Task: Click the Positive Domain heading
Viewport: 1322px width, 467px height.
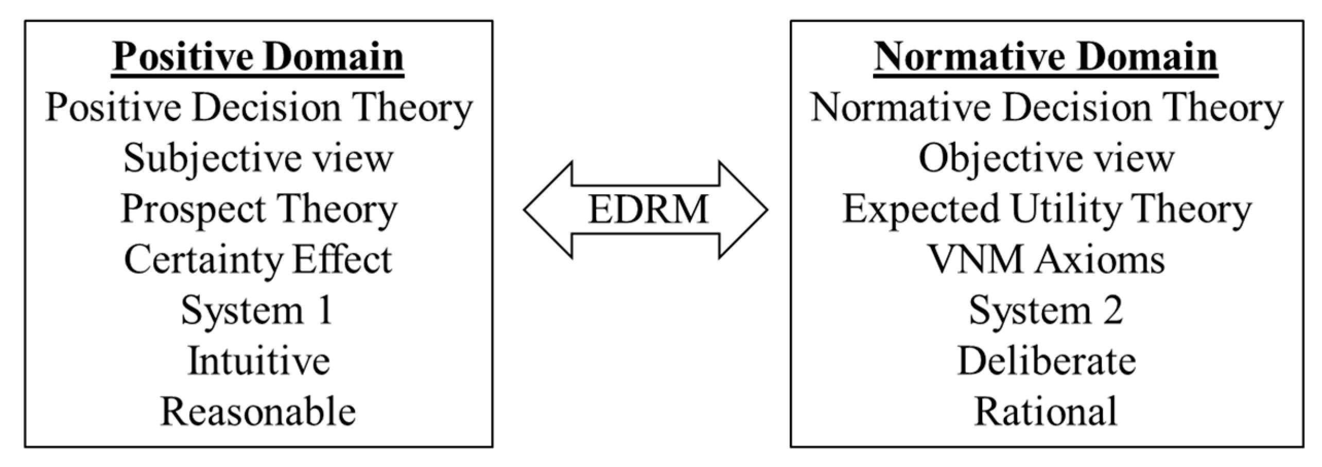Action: (258, 58)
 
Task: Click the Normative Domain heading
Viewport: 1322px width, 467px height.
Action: (1046, 58)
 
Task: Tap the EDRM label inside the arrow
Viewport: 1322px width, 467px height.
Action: (647, 210)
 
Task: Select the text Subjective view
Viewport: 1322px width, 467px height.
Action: (258, 159)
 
